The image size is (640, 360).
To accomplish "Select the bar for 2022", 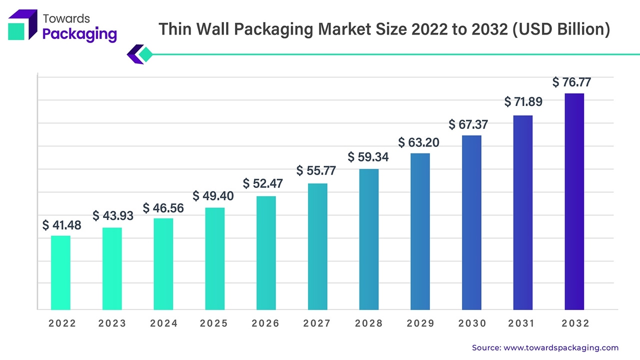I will tap(60, 272).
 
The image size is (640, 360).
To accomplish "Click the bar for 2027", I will tap(317, 246).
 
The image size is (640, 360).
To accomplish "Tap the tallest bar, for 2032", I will tap(574, 201).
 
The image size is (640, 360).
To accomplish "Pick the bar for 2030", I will tap(471, 222).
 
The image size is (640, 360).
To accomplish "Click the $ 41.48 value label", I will tap(61, 225).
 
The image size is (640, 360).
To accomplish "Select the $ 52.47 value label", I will tap(263, 183).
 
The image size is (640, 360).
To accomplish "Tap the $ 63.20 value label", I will tap(419, 142).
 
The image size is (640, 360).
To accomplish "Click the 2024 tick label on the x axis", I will tap(163, 323).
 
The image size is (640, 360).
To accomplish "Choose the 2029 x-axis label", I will tap(420, 323).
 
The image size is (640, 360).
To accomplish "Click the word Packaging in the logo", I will tap(80, 34).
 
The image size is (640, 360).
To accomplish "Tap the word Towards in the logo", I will tap(66, 18).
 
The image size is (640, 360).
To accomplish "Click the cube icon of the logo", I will tap(22, 25).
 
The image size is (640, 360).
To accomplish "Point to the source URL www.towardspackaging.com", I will tap(561, 347).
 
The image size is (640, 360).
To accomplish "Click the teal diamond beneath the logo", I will tap(145, 54).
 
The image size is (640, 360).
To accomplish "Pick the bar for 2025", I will tap(214, 258).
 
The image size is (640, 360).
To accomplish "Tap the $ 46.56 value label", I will tap(163, 208).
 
